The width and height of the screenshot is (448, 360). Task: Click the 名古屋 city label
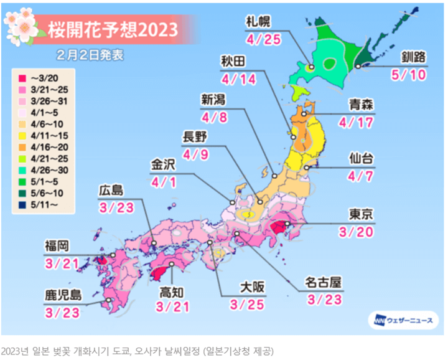(323, 283)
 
